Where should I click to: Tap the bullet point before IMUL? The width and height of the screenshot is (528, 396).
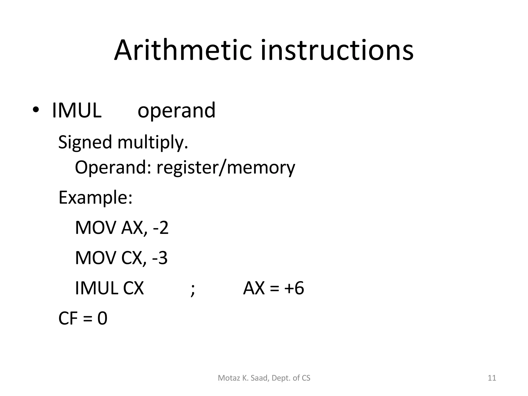(x=36, y=110)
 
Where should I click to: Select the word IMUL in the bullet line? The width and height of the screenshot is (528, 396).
(x=77, y=110)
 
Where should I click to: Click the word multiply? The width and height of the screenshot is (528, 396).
(x=153, y=142)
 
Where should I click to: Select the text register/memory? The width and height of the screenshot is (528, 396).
(x=226, y=168)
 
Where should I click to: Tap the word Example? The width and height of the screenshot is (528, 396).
(x=95, y=198)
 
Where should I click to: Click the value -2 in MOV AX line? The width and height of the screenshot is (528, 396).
(x=161, y=228)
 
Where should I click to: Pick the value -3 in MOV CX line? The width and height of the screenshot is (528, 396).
(x=160, y=258)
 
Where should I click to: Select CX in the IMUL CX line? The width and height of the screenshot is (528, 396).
(x=133, y=288)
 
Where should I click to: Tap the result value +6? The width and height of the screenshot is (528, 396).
(x=294, y=288)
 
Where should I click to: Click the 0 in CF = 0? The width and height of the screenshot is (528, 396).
(x=102, y=318)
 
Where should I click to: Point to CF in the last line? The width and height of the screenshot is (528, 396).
(x=68, y=318)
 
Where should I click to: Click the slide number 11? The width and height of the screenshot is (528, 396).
(x=492, y=378)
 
